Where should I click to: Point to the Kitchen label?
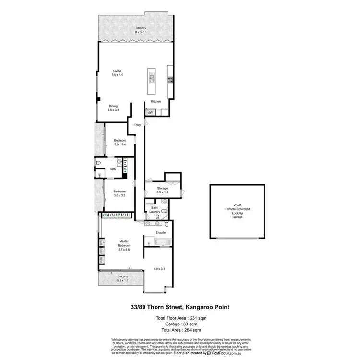tap(156, 102)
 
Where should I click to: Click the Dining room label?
tap(113, 107)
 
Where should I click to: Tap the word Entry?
tap(138, 125)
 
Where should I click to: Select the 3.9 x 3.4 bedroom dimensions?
tap(120, 144)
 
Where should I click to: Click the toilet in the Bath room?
tap(98, 163)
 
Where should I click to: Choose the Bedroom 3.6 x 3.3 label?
tap(120, 193)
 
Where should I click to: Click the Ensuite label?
tap(161, 232)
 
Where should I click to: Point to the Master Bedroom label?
tap(124, 245)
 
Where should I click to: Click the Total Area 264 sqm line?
tap(180, 331)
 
